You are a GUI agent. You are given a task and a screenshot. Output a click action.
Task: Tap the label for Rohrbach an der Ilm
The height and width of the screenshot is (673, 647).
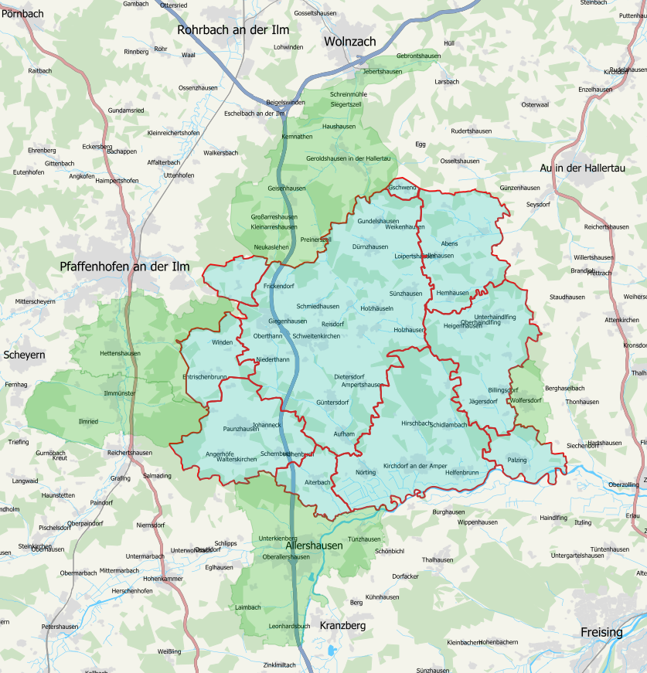pyautogui.click(x=233, y=30)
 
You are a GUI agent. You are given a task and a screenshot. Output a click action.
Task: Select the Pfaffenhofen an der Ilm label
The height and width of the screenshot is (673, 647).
pyautogui.click(x=124, y=267)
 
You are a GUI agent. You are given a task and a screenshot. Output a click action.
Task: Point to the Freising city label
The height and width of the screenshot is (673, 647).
pyautogui.click(x=601, y=632)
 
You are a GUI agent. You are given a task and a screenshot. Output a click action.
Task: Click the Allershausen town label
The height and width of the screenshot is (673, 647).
pyautogui.click(x=314, y=546)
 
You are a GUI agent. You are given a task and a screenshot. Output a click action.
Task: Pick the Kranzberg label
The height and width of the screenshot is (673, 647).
pyautogui.click(x=342, y=625)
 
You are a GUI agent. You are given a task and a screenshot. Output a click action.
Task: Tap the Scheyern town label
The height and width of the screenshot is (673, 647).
pyautogui.click(x=24, y=355)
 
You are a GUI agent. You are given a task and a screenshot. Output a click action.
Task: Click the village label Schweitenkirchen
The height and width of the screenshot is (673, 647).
pyautogui.click(x=316, y=336)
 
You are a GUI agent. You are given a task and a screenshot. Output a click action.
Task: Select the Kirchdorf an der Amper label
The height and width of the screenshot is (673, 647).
pyautogui.click(x=415, y=466)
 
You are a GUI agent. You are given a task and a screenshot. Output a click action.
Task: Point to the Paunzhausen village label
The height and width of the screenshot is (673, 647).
pyautogui.click(x=240, y=428)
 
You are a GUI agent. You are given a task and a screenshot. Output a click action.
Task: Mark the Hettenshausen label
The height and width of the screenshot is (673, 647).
pyautogui.click(x=121, y=353)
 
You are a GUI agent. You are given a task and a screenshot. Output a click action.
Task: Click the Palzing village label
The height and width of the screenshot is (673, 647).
pyautogui.click(x=517, y=460)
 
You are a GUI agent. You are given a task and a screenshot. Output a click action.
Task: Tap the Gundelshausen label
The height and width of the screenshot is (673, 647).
pyautogui.click(x=378, y=221)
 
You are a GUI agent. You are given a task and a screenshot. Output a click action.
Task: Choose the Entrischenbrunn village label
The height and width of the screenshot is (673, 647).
pyautogui.click(x=204, y=376)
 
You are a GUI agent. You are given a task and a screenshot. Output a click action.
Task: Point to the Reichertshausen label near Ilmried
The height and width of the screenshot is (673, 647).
pyautogui.click(x=130, y=452)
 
